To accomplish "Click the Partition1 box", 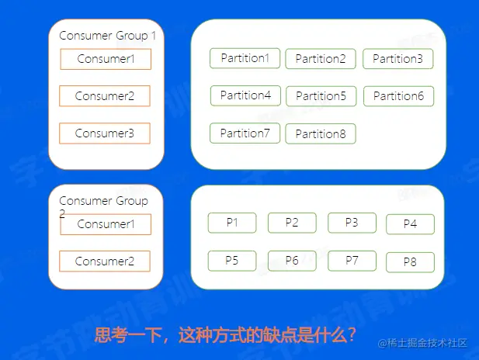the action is coord(245,58).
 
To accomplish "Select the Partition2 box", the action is coord(320,59).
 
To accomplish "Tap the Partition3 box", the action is coord(397,59).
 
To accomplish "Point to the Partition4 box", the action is coord(245,95).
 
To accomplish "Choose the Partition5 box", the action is coord(321,96).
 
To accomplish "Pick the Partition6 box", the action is coord(398,96).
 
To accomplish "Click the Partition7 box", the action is coord(245,133).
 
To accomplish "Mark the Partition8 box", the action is coord(320,134).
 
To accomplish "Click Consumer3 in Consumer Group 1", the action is coord(105,133).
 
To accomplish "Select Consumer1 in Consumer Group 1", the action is coord(106,59).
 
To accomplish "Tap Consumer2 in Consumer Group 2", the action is coord(105,261).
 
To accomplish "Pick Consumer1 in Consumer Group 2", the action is coord(106,224).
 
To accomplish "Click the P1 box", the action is coord(231,223).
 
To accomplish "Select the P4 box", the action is coord(410,224).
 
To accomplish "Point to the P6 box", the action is coord(292,261).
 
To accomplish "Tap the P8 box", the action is coord(410,262).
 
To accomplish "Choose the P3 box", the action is coord(352,223).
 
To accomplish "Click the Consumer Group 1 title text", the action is coord(108,36).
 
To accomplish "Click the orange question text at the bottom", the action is coord(225,336).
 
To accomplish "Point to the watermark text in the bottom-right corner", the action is coord(422,342).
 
